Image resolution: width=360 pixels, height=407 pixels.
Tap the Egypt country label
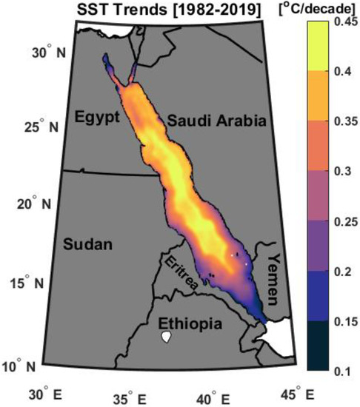(x=97, y=115)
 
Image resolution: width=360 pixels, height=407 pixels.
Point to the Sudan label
(x=84, y=243)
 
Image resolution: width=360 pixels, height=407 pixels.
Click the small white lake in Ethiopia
(x=167, y=337)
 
